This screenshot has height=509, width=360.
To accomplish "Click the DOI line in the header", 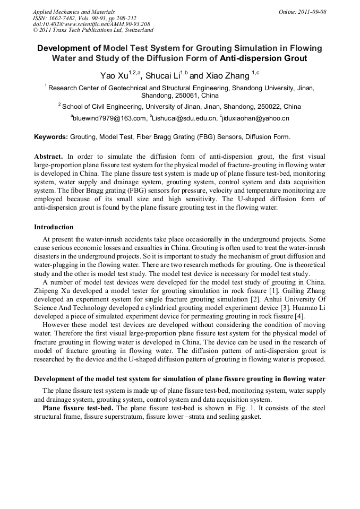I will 91,24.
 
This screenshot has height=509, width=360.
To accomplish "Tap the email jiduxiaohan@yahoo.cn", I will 256,118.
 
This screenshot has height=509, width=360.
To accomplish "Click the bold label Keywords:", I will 51,137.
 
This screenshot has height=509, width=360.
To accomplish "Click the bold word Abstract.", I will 48,157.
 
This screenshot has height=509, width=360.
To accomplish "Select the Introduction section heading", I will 54,227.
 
